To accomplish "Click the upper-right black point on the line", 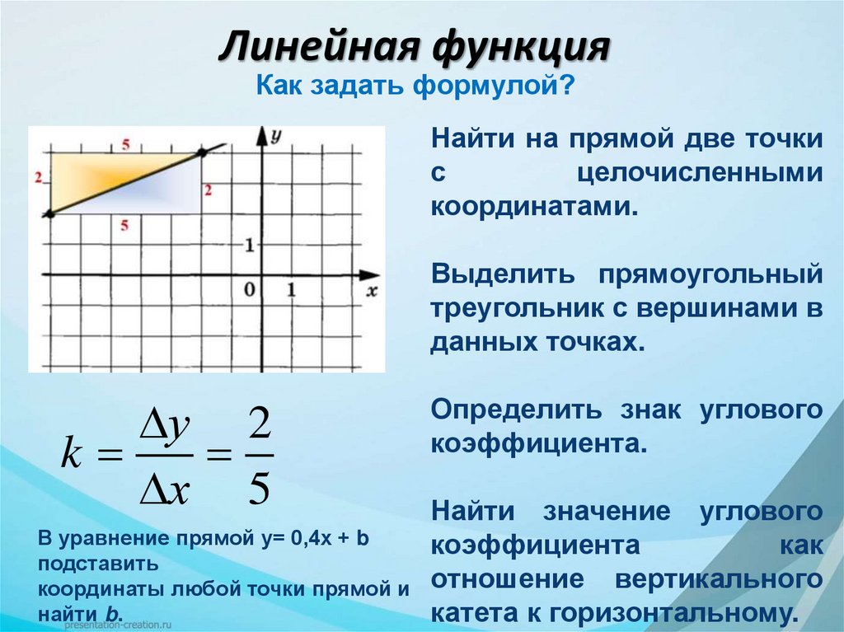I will [200, 153].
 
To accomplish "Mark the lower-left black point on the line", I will [49, 213].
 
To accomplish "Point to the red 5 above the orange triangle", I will [124, 146].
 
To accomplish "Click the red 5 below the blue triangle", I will [124, 225].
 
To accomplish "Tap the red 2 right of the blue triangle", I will [209, 190].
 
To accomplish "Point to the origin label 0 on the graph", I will [249, 289].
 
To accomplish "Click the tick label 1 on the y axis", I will [248, 245].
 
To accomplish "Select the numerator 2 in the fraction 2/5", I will [258, 428].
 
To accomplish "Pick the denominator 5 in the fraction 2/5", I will [258, 488].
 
